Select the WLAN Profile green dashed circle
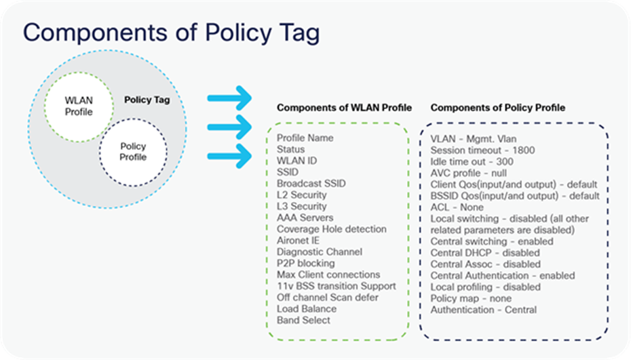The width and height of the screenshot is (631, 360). point(79,106)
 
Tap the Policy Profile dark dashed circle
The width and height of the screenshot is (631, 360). point(132,152)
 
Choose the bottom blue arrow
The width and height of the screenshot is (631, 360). point(229,157)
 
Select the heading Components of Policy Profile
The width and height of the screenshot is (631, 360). point(498,108)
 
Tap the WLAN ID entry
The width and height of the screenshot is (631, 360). point(297,161)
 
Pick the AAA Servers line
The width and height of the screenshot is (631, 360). point(305,218)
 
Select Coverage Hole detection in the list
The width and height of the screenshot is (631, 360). point(331,229)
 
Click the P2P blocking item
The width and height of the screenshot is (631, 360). point(306,263)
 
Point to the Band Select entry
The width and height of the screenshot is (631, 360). point(303,320)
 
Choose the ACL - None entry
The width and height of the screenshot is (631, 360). point(457,207)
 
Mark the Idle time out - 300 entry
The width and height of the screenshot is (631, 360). point(472,161)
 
